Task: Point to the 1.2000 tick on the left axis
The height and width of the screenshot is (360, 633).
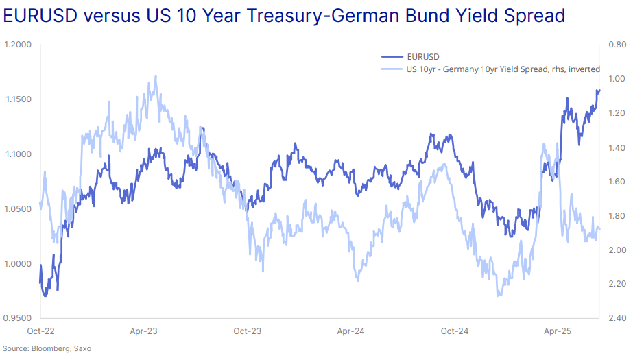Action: pos(19,45)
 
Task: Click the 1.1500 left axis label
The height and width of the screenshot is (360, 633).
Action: pos(19,100)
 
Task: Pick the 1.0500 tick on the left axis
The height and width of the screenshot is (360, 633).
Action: pos(19,209)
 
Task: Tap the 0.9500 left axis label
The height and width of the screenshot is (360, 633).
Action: pos(19,318)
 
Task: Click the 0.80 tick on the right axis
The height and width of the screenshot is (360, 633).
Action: pos(615,45)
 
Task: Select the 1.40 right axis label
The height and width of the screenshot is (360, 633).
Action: pos(615,147)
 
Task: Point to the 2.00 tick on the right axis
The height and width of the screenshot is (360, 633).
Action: pos(615,250)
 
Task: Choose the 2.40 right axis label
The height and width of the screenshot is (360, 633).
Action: pos(615,318)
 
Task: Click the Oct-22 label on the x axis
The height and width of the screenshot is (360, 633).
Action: pos(40,331)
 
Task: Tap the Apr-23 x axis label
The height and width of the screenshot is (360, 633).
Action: pos(144,331)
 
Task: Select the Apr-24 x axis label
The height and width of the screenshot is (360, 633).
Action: pos(350,331)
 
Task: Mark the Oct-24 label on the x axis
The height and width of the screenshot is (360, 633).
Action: pos(454,331)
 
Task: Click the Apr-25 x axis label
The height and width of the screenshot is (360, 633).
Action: pos(558,331)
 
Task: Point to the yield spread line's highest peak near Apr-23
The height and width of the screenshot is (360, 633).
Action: pos(156,76)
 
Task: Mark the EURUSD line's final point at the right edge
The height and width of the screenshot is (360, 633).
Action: pos(599,90)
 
